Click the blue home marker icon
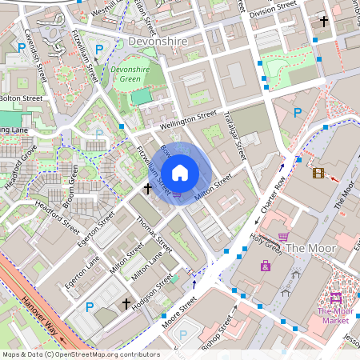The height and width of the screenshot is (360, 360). [180, 172]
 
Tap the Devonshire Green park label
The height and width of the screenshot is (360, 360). [130, 75]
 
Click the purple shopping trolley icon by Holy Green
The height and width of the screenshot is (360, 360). [283, 237]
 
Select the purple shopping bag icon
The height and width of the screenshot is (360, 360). [265, 266]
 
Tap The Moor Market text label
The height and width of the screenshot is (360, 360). [335, 315]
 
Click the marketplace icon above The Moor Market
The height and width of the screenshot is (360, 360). [335, 298]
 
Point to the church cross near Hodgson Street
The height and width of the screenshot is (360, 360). [126, 304]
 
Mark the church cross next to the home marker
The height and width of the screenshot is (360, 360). [148, 189]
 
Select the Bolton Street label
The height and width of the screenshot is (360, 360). [21, 98]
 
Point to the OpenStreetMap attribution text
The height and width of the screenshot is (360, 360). [81, 354]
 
